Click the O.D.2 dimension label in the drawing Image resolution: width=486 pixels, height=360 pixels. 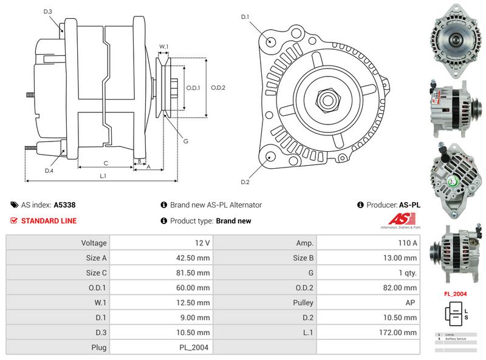(x=218, y=87)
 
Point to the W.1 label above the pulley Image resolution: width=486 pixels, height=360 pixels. (x=163, y=46)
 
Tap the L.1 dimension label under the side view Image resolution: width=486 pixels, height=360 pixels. (x=103, y=176)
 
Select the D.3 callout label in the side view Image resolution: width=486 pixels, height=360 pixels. (x=48, y=12)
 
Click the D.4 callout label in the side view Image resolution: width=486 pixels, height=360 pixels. (x=49, y=171)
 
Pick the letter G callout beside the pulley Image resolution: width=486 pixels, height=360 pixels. (x=186, y=141)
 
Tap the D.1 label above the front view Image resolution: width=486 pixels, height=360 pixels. (x=245, y=16)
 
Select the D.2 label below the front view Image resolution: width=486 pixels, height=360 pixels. (x=245, y=182)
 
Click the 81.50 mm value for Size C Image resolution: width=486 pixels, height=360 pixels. (x=193, y=273)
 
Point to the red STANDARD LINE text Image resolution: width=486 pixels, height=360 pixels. (x=49, y=221)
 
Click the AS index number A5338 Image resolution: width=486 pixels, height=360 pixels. (x=64, y=205)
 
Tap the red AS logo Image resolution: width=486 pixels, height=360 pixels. (x=400, y=220)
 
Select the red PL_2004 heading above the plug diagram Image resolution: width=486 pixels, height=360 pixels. (x=456, y=293)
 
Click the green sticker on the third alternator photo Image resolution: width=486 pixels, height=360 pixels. (x=452, y=182)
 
